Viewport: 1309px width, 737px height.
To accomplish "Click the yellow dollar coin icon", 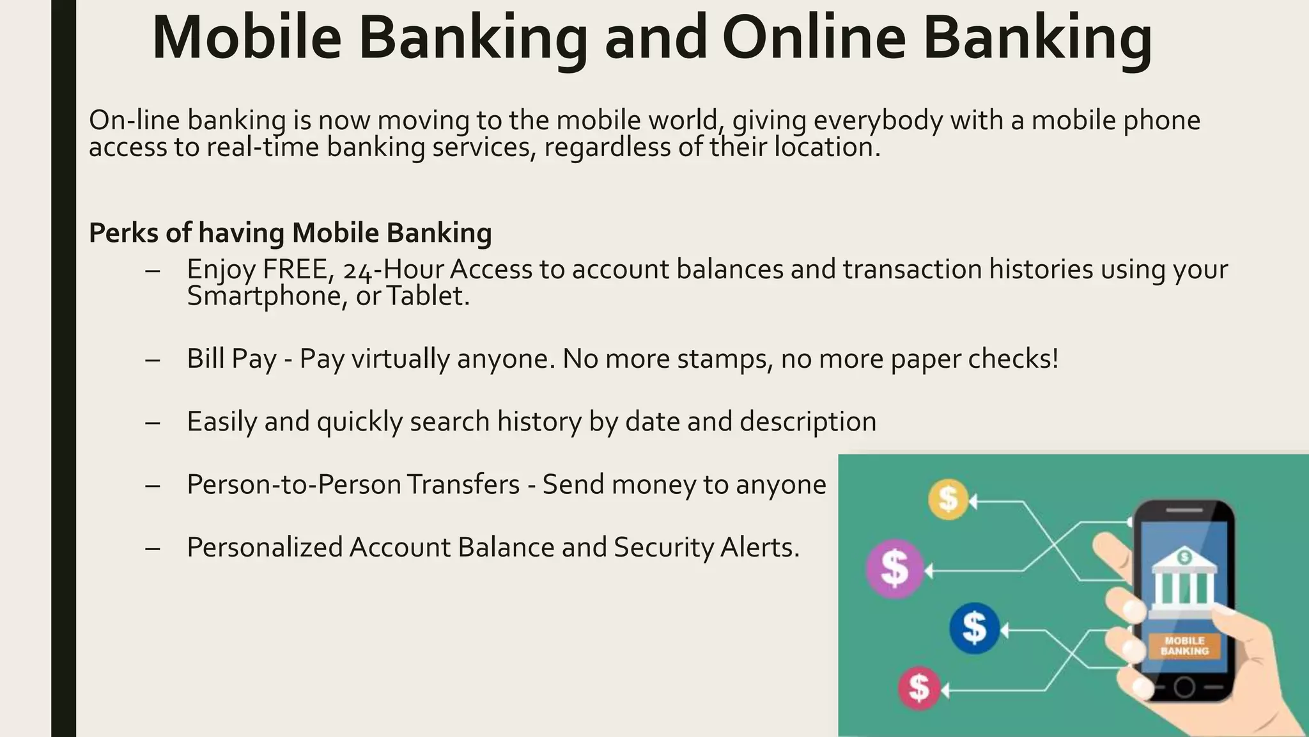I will [x=948, y=499].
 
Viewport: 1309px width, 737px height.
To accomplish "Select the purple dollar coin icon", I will [x=895, y=569].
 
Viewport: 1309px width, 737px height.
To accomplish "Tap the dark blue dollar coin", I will [x=974, y=628].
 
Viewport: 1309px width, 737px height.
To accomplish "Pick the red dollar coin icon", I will [x=919, y=688].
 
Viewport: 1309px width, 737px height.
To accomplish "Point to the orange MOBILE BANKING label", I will [x=1184, y=646].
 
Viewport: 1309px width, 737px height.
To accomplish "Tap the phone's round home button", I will [x=1184, y=688].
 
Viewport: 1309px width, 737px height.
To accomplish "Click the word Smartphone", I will [x=267, y=296].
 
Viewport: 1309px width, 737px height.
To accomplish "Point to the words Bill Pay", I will [x=231, y=359].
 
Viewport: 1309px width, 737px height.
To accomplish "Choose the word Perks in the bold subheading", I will [x=123, y=233].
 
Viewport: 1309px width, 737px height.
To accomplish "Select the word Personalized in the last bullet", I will [x=265, y=548].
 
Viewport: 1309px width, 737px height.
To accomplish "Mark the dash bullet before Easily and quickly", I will [x=152, y=422].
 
